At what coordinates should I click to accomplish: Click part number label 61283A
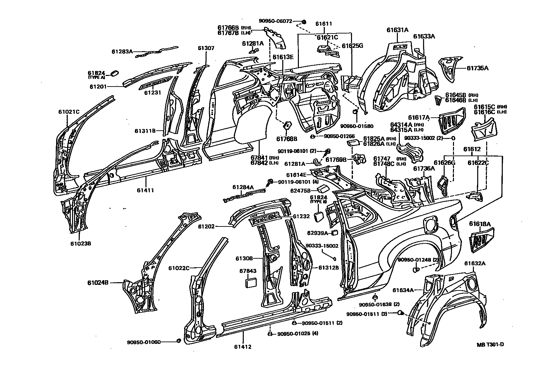coord(122,51)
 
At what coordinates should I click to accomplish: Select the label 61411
coord(145,190)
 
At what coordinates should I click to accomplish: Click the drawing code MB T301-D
coord(490,344)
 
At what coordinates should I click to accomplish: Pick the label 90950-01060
coord(144,342)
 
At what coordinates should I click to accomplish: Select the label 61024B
coord(98,283)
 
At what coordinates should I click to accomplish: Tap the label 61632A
coord(475,264)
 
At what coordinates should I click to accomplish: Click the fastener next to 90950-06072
coord(304,22)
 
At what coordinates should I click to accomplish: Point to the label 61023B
coord(80,243)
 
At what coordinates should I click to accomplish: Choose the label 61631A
coord(397,30)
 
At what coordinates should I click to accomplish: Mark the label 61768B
coord(286,138)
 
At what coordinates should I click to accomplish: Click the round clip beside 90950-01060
coord(178,341)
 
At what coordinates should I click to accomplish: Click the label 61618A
coord(480,224)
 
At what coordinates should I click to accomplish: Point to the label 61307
coord(206,48)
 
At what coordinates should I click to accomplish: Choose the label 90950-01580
coord(357,126)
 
